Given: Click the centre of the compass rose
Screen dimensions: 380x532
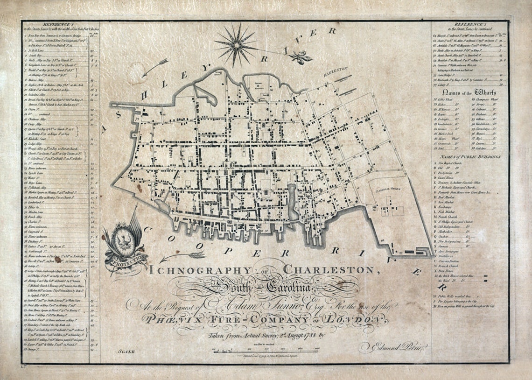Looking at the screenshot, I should [x=236, y=45].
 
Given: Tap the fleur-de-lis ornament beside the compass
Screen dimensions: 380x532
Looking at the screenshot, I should [x=297, y=57].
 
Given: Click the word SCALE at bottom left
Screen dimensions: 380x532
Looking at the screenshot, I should [x=127, y=351].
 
